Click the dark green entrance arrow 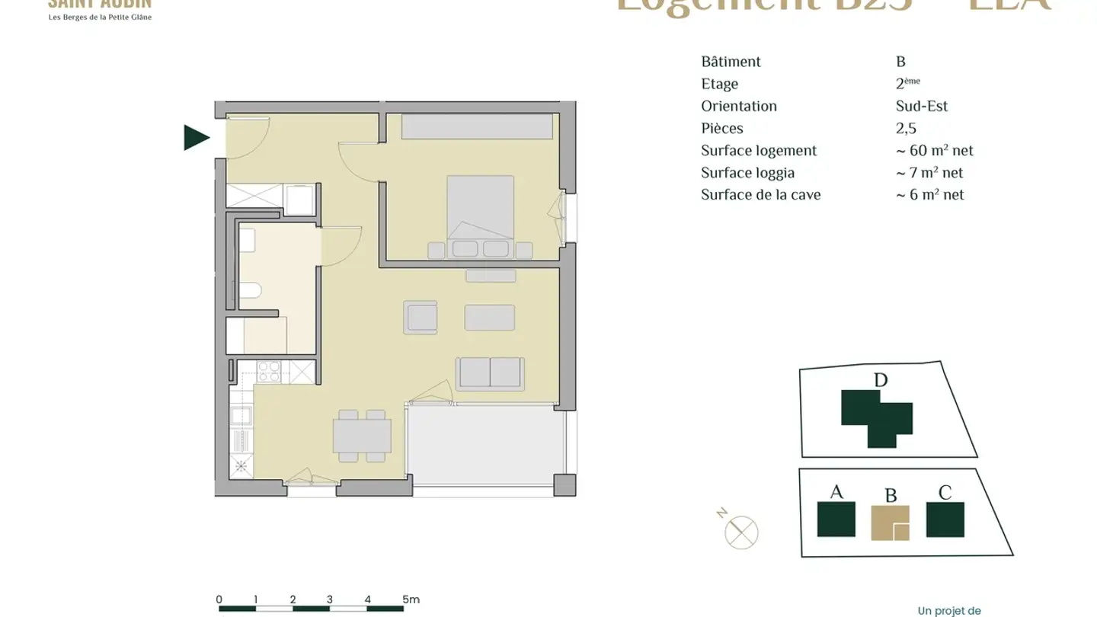pyautogui.click(x=196, y=138)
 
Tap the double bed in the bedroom pyautogui.click(x=480, y=210)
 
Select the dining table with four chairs pyautogui.click(x=363, y=436)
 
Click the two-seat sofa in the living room pyautogui.click(x=489, y=373)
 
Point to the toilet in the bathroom pyautogui.click(x=250, y=290)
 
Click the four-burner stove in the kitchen pyautogui.click(x=268, y=372)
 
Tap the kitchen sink pyautogui.click(x=241, y=416)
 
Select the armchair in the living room pyautogui.click(x=422, y=317)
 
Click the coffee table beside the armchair pyautogui.click(x=489, y=317)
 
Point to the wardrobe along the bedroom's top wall pyautogui.click(x=477, y=126)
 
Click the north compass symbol pyautogui.click(x=740, y=531)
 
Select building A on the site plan pyautogui.click(x=836, y=519)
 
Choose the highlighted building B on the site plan pyautogui.click(x=890, y=523)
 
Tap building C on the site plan pyautogui.click(x=945, y=519)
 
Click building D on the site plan pyautogui.click(x=876, y=415)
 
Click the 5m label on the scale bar pyautogui.click(x=411, y=599)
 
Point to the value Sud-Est pyautogui.click(x=922, y=107)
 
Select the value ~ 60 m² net pyautogui.click(x=935, y=151)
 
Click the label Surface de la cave pyautogui.click(x=760, y=195)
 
